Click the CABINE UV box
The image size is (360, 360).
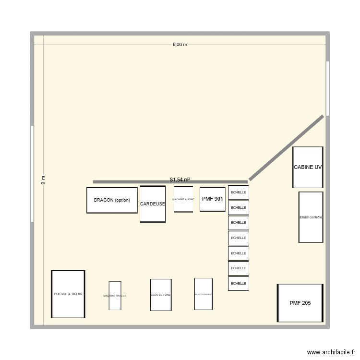(308, 168)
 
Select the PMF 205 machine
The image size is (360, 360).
(300, 303)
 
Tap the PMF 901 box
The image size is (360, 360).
(213, 199)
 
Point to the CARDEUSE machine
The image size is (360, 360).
(153, 204)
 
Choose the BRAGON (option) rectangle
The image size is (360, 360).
(112, 200)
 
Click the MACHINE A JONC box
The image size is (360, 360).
(183, 199)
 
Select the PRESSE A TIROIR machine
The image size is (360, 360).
(68, 294)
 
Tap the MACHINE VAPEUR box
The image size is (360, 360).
(115, 296)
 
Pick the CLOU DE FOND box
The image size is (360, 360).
(160, 295)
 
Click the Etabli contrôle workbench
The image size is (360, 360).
(311, 217)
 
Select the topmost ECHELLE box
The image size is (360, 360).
(238, 192)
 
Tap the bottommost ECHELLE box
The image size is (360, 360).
(238, 284)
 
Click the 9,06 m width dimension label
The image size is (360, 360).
(180, 45)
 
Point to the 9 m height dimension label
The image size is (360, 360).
(42, 181)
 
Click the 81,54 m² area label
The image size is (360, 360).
(180, 180)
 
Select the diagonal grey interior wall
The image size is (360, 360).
(286, 148)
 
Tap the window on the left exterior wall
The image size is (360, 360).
(32, 173)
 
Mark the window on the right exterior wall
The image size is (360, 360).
(327, 88)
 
